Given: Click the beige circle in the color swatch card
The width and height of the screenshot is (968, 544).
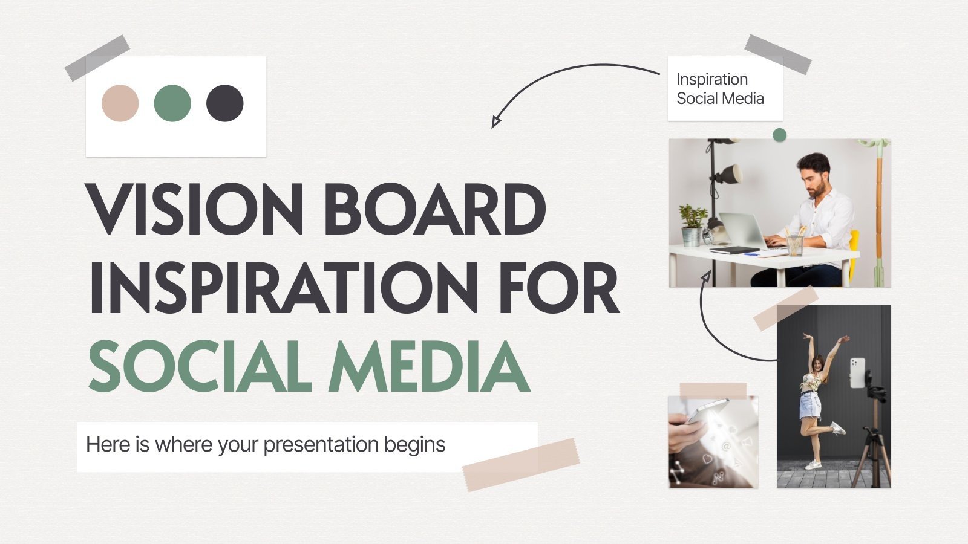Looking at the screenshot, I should tap(120, 103).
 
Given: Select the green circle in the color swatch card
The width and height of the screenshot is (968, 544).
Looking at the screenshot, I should tap(172, 103).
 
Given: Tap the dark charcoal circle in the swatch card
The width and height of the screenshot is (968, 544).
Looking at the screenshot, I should tap(224, 103).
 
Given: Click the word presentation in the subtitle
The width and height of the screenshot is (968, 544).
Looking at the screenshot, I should tap(321, 445).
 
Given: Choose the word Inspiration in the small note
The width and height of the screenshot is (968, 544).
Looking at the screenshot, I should tap(712, 79).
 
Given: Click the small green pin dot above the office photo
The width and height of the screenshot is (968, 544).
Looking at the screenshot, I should tap(779, 135).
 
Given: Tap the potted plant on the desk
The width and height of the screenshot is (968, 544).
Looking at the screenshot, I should tap(692, 224).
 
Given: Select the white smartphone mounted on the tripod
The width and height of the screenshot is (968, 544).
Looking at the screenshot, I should tap(857, 372).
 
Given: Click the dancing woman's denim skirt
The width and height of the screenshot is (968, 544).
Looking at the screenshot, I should tap(811, 406).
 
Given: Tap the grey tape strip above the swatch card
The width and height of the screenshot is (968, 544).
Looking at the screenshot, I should tap(97, 58).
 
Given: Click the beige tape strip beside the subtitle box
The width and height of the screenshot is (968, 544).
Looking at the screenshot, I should tap(520, 464).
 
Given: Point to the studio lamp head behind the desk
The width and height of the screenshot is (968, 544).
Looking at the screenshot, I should tap(728, 174).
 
